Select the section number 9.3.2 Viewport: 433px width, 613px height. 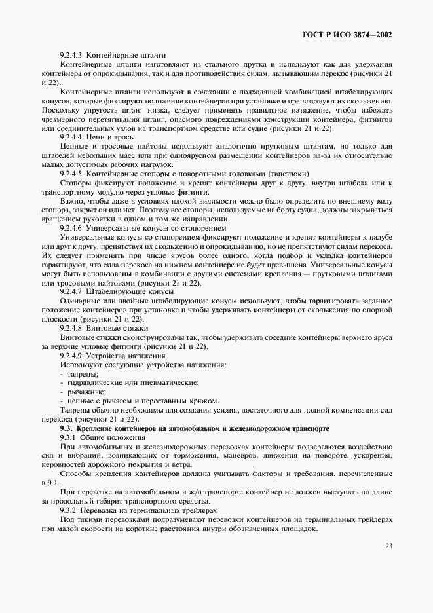[x=69, y=510]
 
